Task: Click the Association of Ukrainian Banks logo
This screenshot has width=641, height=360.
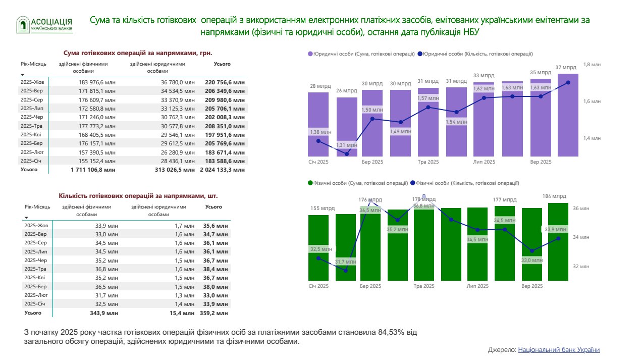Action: tap(44, 25)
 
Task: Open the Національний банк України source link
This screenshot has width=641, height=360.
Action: tap(559, 349)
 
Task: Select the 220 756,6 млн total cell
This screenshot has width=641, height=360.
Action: tap(225, 82)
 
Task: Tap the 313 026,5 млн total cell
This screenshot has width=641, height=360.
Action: tap(175, 170)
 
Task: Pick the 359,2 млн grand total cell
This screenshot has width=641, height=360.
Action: tap(216, 313)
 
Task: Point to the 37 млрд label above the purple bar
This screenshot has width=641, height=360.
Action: tap(565, 67)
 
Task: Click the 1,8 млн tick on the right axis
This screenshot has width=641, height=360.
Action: tap(592, 64)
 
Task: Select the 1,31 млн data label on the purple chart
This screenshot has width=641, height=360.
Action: tap(347, 145)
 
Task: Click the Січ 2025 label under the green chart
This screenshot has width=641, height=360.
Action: tap(318, 286)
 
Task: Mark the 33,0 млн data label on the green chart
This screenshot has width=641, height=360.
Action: tap(532, 261)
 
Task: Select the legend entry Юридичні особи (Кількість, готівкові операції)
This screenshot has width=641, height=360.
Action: tap(477, 54)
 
